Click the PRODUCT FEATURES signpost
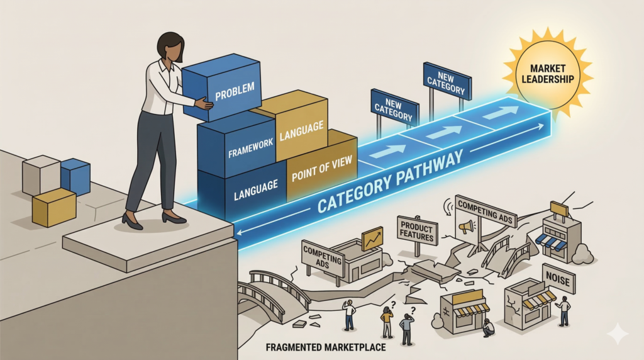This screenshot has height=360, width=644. [418, 230]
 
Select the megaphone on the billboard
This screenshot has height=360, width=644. [467, 225]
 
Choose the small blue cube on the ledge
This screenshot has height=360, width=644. [75, 176]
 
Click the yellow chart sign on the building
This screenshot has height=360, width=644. [372, 239]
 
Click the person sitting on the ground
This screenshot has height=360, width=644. [488, 328]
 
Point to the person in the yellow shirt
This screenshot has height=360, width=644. [387, 322]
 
